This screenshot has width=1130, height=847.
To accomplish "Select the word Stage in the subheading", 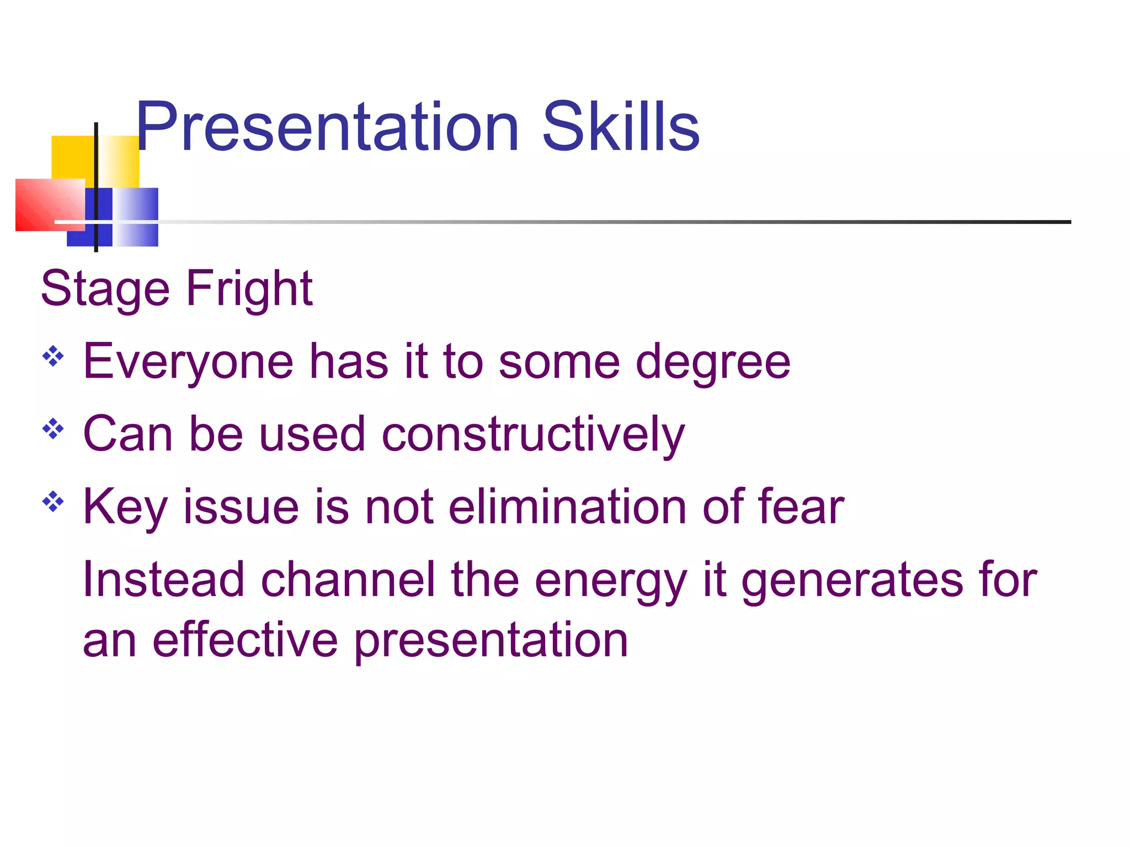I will pos(105,289).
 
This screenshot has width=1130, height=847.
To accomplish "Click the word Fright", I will pos(249,289).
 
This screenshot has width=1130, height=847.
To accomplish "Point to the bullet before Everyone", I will pos(53,356).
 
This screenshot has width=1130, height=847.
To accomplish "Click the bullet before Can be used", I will pos(53,429).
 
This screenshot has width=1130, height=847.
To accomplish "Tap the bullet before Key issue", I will pos(53,502).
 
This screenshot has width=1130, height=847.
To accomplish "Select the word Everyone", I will pos(188,362).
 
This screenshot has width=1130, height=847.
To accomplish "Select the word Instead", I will pos(163,580).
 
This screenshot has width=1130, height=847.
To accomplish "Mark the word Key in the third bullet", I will pos(125,507).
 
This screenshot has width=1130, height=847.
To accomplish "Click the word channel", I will pos(348,580).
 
